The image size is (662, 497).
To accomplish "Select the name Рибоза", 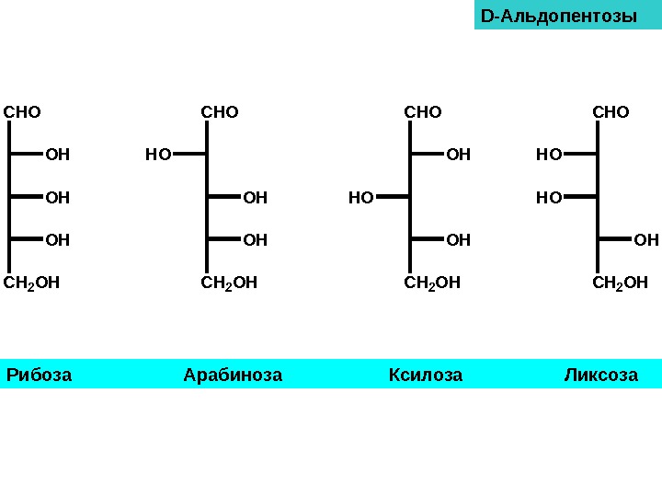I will point(39,375).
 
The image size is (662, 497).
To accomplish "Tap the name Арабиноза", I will point(233,375).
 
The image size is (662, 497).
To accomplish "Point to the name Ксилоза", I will point(426,375).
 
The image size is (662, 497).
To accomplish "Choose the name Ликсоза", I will point(600,375).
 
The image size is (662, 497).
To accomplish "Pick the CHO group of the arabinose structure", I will point(220,112).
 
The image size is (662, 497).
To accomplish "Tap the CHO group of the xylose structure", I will point(423,112).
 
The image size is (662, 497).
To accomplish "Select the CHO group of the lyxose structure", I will point(611,112).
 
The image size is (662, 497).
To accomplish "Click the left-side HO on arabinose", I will point(158,155).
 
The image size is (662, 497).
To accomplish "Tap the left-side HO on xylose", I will point(361,197).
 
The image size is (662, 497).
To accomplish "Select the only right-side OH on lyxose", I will point(646,240).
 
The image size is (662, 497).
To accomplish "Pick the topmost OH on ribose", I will point(57,155).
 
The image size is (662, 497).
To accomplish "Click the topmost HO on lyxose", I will point(549,155).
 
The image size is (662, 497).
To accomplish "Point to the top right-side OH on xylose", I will point(458,155).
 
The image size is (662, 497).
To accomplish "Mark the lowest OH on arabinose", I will point(255,240).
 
